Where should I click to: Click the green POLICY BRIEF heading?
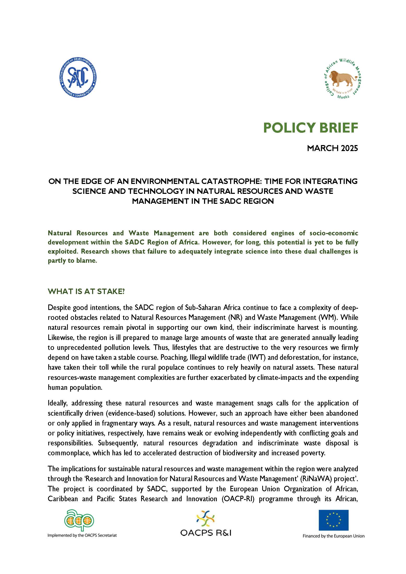pos(311,128)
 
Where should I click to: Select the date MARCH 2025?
pos(332,148)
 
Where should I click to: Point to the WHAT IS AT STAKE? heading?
pos(86,291)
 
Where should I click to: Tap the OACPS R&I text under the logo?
pos(206,533)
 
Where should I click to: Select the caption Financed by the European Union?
pos(333,536)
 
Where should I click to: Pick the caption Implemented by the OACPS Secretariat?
pos(82,535)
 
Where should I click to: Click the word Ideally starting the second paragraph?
pos(58,403)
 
